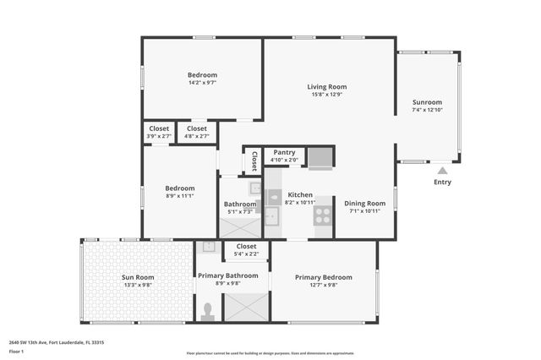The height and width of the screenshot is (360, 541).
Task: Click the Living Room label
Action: point(326,86)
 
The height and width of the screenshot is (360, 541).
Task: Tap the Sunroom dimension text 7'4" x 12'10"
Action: point(427,110)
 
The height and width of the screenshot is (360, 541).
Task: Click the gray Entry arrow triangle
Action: point(442,170)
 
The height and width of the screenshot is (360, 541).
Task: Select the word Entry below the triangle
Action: point(442,182)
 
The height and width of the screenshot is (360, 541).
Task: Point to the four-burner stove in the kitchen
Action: point(323,215)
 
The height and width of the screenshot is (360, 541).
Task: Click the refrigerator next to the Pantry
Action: point(320,157)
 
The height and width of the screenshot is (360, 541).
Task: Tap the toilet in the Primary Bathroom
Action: point(208,310)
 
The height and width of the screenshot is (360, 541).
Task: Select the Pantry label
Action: point(284,152)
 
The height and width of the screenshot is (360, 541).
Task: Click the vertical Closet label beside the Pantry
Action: point(254,161)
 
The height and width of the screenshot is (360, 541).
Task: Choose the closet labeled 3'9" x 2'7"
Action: point(158,133)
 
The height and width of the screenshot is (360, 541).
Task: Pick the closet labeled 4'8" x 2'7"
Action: point(197,133)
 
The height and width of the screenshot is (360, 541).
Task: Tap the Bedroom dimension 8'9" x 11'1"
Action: point(179,196)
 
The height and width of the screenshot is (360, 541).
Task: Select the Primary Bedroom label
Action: point(323,277)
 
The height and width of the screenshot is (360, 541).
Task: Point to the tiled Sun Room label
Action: point(138,277)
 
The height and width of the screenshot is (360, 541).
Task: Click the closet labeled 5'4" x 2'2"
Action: point(245,250)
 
